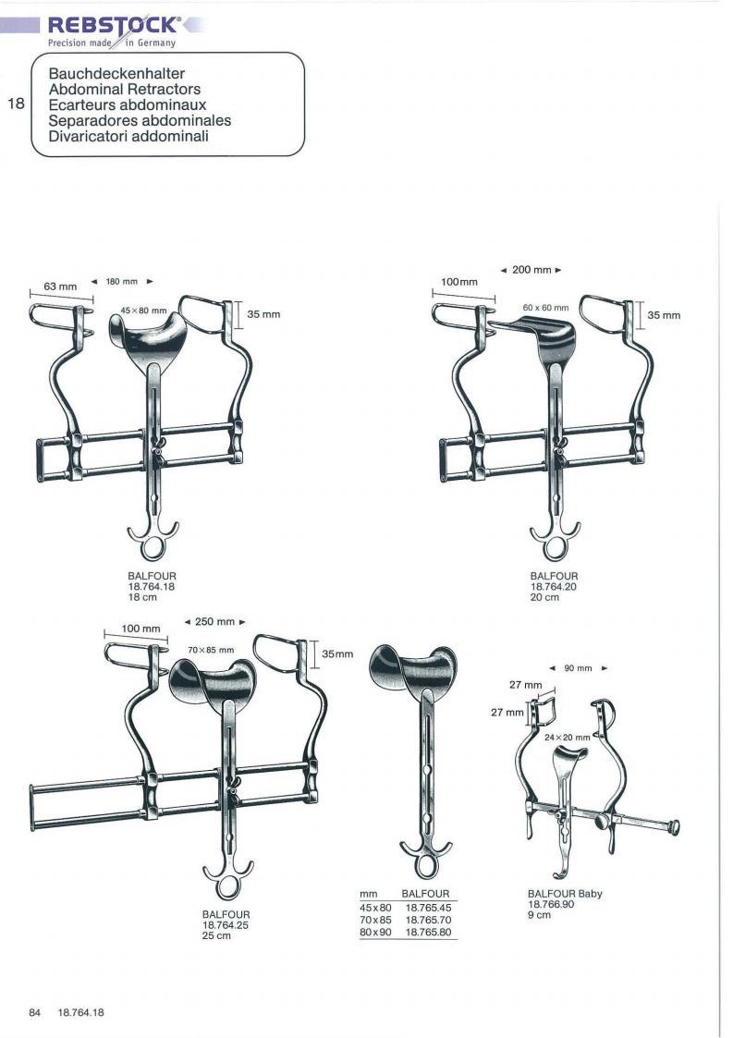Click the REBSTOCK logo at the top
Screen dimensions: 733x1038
[x=113, y=25]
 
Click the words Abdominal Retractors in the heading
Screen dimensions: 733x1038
[x=125, y=90]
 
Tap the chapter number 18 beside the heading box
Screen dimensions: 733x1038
[x=16, y=104]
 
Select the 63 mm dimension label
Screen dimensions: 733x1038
[x=60, y=287]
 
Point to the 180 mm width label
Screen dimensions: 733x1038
[x=122, y=281]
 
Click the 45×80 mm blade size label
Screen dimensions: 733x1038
[x=143, y=310]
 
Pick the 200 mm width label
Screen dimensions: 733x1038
[x=531, y=270]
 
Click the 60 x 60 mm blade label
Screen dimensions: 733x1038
[x=545, y=308]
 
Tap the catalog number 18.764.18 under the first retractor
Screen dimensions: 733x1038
[x=152, y=587]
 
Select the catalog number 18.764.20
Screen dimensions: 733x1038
[x=554, y=587]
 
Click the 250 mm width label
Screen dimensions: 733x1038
[x=215, y=622]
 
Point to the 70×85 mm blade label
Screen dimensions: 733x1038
[x=211, y=650]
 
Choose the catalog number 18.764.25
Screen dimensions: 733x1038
[x=226, y=925]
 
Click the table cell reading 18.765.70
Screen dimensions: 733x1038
[x=428, y=921]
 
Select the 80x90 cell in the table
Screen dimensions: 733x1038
[x=375, y=932]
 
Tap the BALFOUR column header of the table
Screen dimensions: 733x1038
[x=425, y=895]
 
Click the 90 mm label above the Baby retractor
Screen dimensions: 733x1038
[x=578, y=668]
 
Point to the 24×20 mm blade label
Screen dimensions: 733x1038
[x=567, y=738]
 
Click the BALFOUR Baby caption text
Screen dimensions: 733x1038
[x=565, y=894]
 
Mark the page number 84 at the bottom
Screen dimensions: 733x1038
[x=34, y=1013]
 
